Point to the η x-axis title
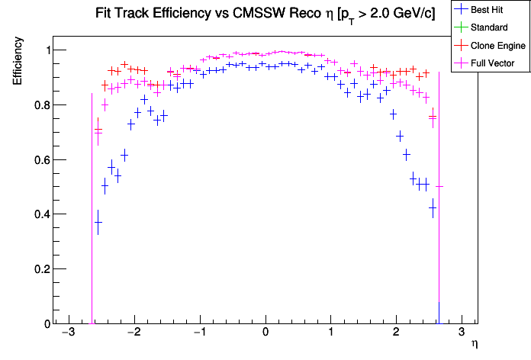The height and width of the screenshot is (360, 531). pos(475,345)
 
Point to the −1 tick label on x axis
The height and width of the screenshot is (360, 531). pos(198,333)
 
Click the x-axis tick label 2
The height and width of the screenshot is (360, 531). pos(395,333)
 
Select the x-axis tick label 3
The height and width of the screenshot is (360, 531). pos(461,333)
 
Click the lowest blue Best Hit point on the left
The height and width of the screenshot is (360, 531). pos(98,222)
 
